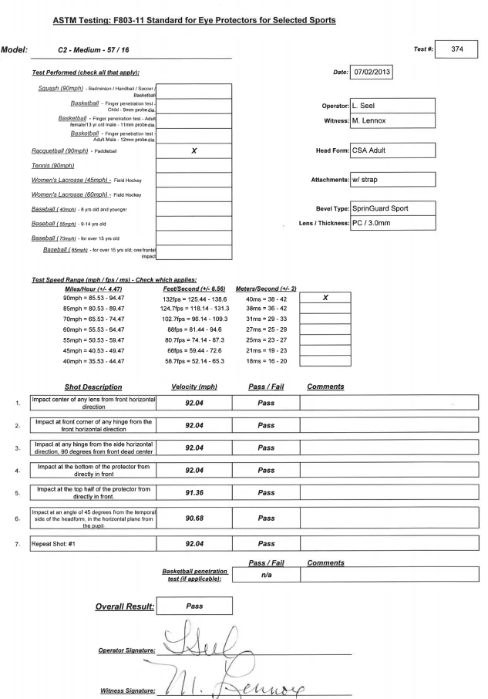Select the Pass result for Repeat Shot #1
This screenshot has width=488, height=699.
click(x=266, y=543)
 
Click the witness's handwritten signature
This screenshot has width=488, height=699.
click(x=262, y=677)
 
